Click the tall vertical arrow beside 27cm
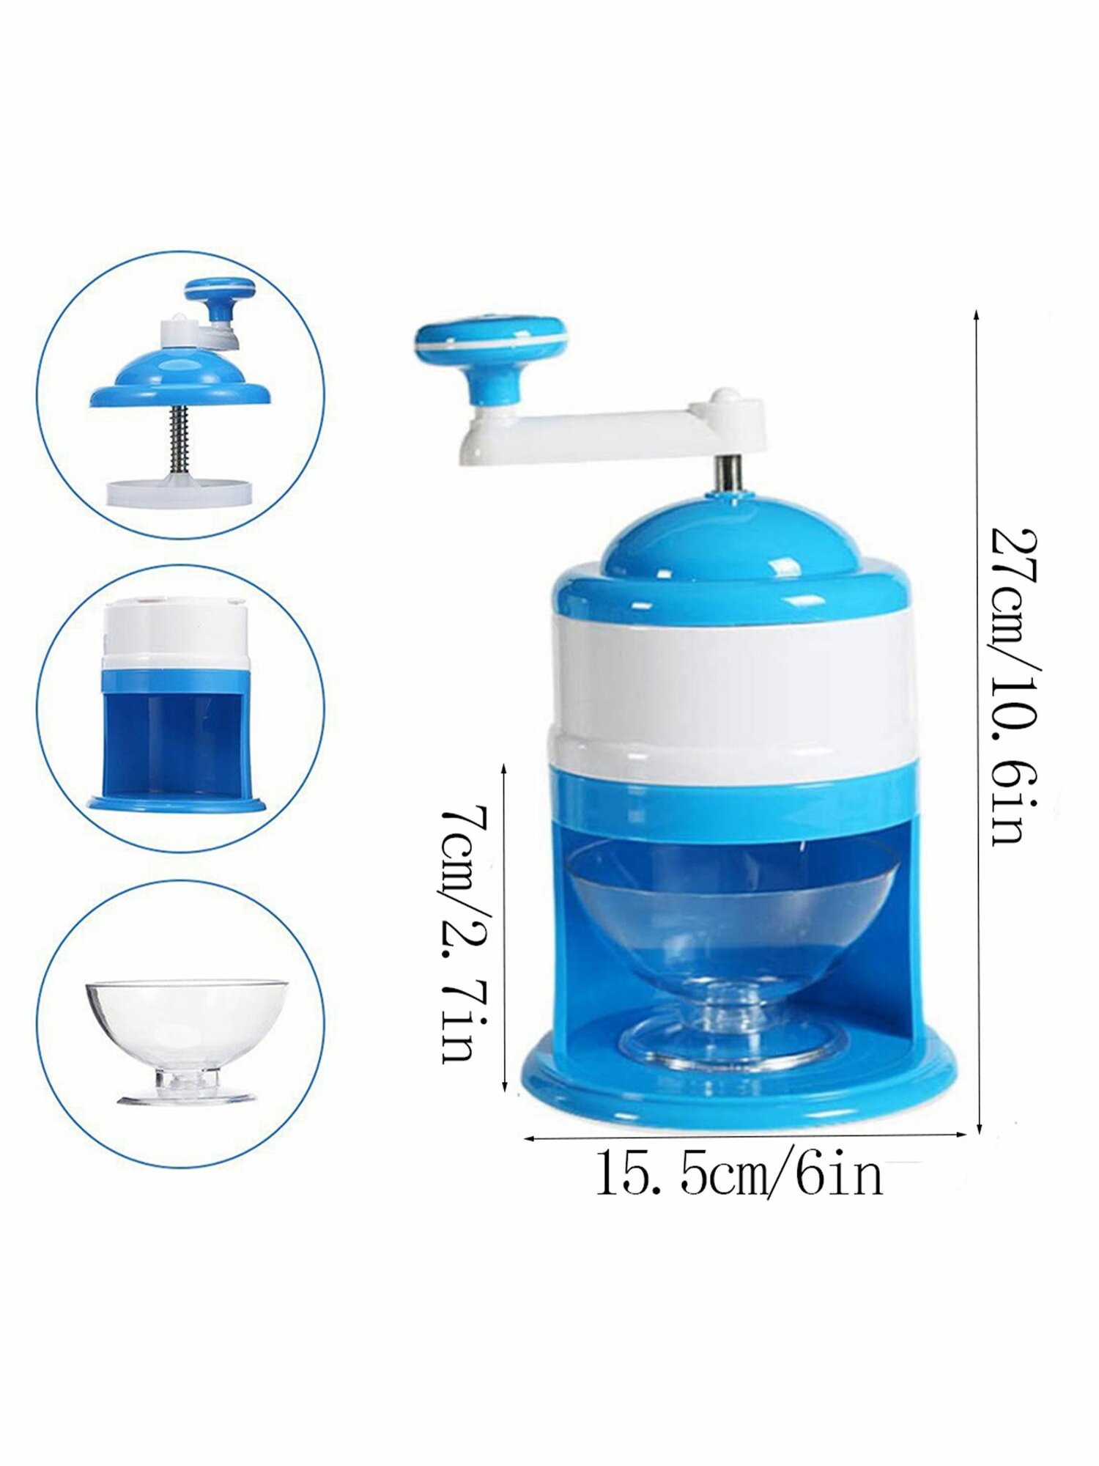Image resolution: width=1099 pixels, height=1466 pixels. tap(977, 722)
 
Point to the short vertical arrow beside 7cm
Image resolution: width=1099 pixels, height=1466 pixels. tap(504, 927)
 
